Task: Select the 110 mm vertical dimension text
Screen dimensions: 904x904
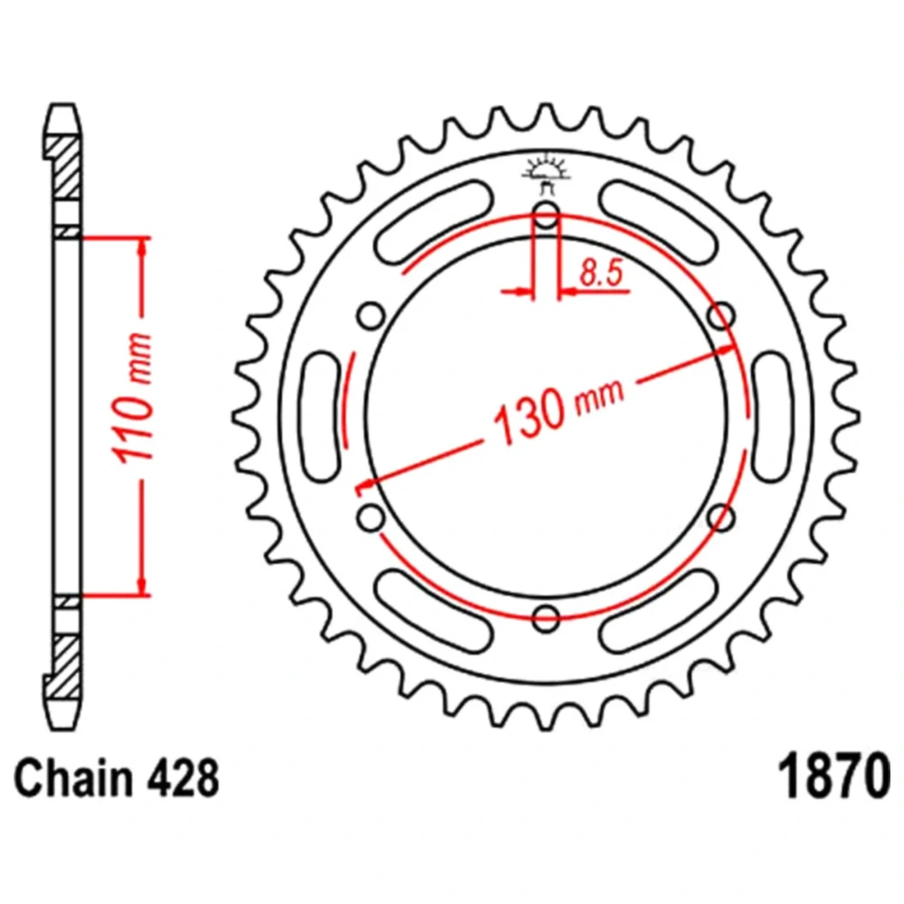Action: coord(135,399)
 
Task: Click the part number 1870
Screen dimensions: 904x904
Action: coord(833,777)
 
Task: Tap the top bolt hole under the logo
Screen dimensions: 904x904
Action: coord(546,215)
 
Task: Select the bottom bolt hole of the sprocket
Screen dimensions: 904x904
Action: coord(546,618)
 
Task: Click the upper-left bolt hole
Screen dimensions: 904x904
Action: coord(371,315)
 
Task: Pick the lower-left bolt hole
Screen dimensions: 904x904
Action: coord(371,517)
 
